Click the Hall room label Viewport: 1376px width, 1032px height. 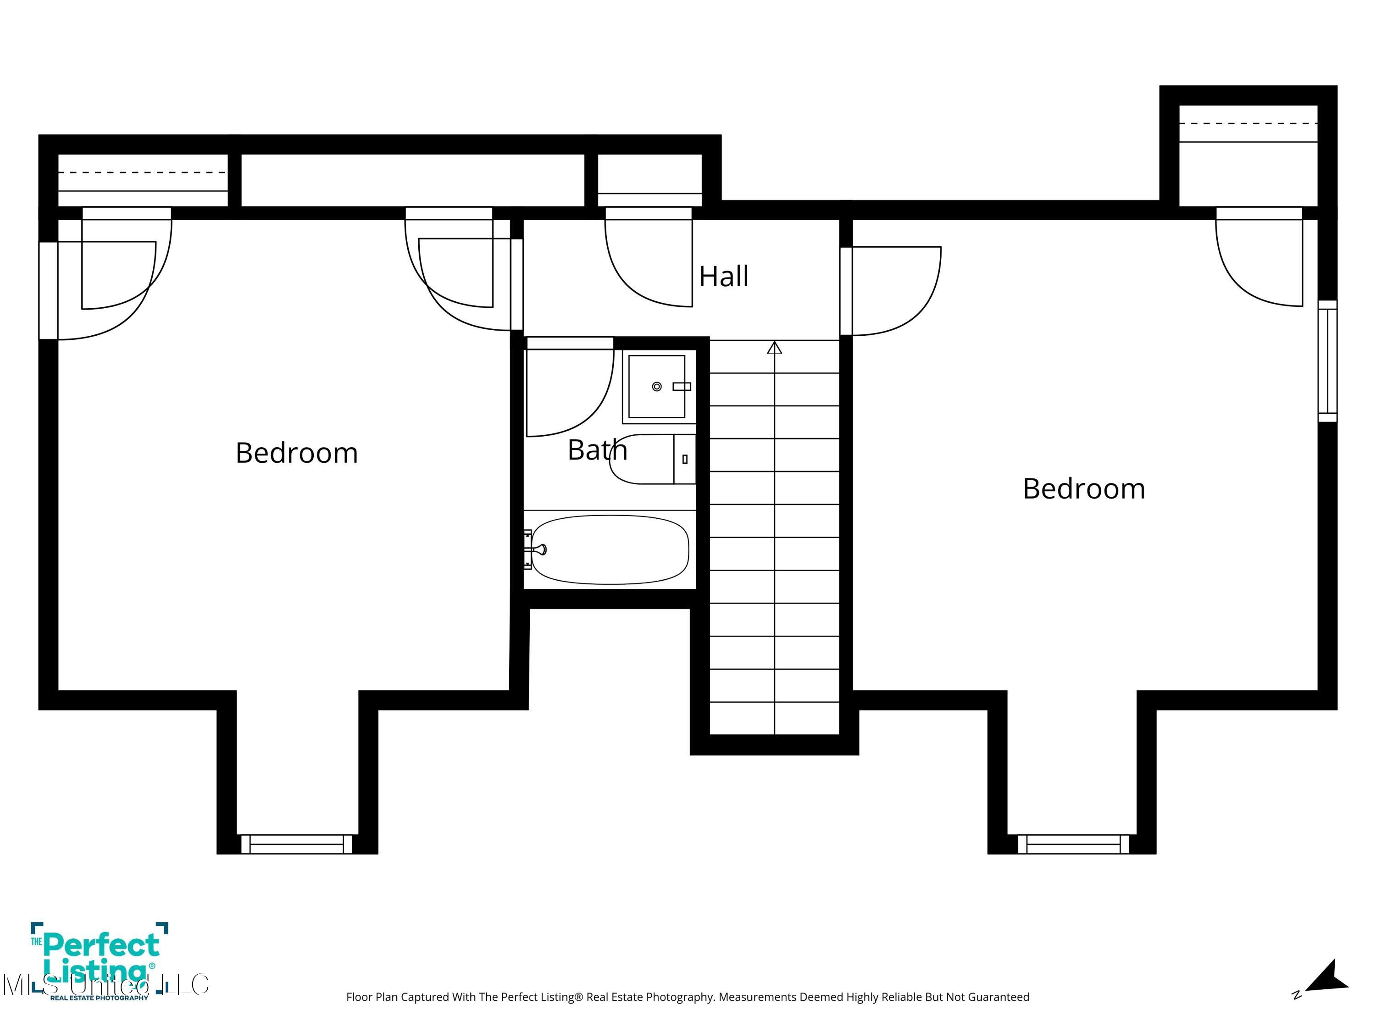point(723,276)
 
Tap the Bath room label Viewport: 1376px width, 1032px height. point(597,450)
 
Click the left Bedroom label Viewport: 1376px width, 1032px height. point(297,453)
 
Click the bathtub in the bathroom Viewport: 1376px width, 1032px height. point(610,549)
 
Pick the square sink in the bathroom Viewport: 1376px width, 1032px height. point(656,386)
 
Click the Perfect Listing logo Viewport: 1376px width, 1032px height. point(100,958)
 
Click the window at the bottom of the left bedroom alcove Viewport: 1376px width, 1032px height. point(296,844)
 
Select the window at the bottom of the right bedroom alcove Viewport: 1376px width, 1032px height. point(1073,844)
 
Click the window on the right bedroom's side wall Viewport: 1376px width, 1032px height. point(1327,361)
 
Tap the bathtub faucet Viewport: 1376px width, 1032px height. point(539,549)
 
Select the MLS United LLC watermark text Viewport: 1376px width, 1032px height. point(106,985)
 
